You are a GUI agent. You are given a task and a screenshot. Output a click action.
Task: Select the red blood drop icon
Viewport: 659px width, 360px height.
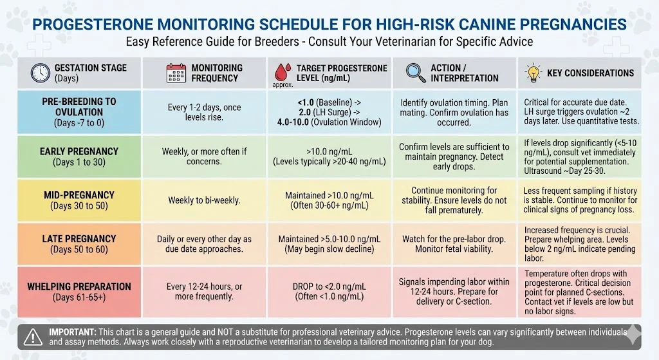284,71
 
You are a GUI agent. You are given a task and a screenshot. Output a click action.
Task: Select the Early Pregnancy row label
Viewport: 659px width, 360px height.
79,156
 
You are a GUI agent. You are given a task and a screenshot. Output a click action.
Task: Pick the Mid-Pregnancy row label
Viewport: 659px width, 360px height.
79,200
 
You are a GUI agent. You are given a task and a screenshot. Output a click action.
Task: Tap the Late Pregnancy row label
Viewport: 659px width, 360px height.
79,243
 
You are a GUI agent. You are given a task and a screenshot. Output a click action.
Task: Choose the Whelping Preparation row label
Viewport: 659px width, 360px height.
79,291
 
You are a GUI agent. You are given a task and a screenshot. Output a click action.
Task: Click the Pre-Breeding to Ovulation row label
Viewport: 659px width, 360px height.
79,112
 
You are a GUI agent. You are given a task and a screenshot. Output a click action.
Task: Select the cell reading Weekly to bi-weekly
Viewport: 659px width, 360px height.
204,200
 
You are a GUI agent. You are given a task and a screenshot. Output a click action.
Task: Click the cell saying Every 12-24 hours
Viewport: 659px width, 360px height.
204,291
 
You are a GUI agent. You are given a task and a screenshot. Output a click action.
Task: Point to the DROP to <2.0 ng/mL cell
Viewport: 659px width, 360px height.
330,291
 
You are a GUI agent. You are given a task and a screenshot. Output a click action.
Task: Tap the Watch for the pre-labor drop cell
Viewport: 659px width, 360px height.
454,243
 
